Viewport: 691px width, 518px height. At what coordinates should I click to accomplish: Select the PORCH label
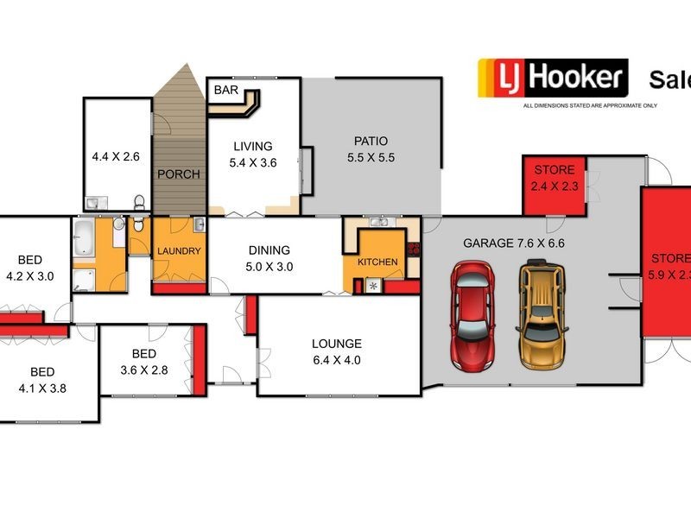[x=179, y=174]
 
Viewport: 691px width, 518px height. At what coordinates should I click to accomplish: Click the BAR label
[x=227, y=89]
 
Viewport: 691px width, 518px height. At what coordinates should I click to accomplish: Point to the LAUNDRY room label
[x=179, y=251]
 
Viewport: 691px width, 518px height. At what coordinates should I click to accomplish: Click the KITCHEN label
[x=378, y=262]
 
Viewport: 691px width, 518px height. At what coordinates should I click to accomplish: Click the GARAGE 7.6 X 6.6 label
[x=513, y=243]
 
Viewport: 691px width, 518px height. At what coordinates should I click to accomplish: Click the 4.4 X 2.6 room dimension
[x=116, y=158]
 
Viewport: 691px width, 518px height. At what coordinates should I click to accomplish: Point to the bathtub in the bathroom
[x=84, y=238]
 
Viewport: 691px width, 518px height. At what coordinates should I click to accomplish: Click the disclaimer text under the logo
[x=590, y=106]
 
